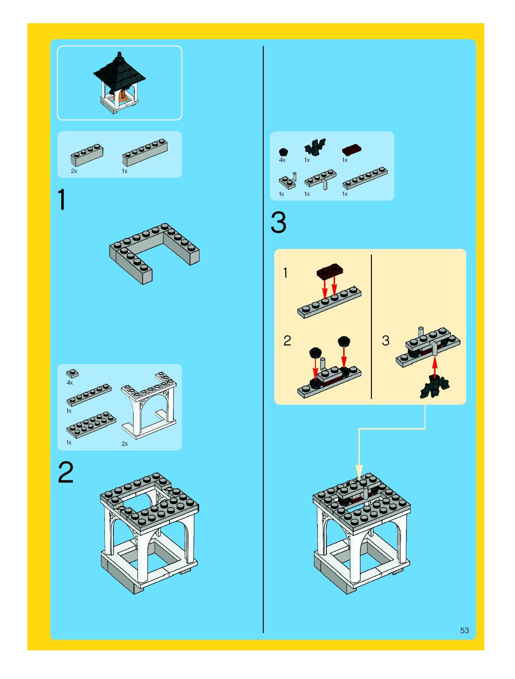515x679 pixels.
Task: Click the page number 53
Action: pos(464,630)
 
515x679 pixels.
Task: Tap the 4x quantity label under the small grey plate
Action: pos(70,383)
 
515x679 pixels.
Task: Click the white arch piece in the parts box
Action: pos(149,405)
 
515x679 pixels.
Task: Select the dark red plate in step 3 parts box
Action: pos(351,150)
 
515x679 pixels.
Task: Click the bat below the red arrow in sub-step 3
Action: pos(434,387)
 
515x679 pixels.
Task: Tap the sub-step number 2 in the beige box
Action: pos(287,341)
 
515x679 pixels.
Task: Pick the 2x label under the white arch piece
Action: pos(124,444)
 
